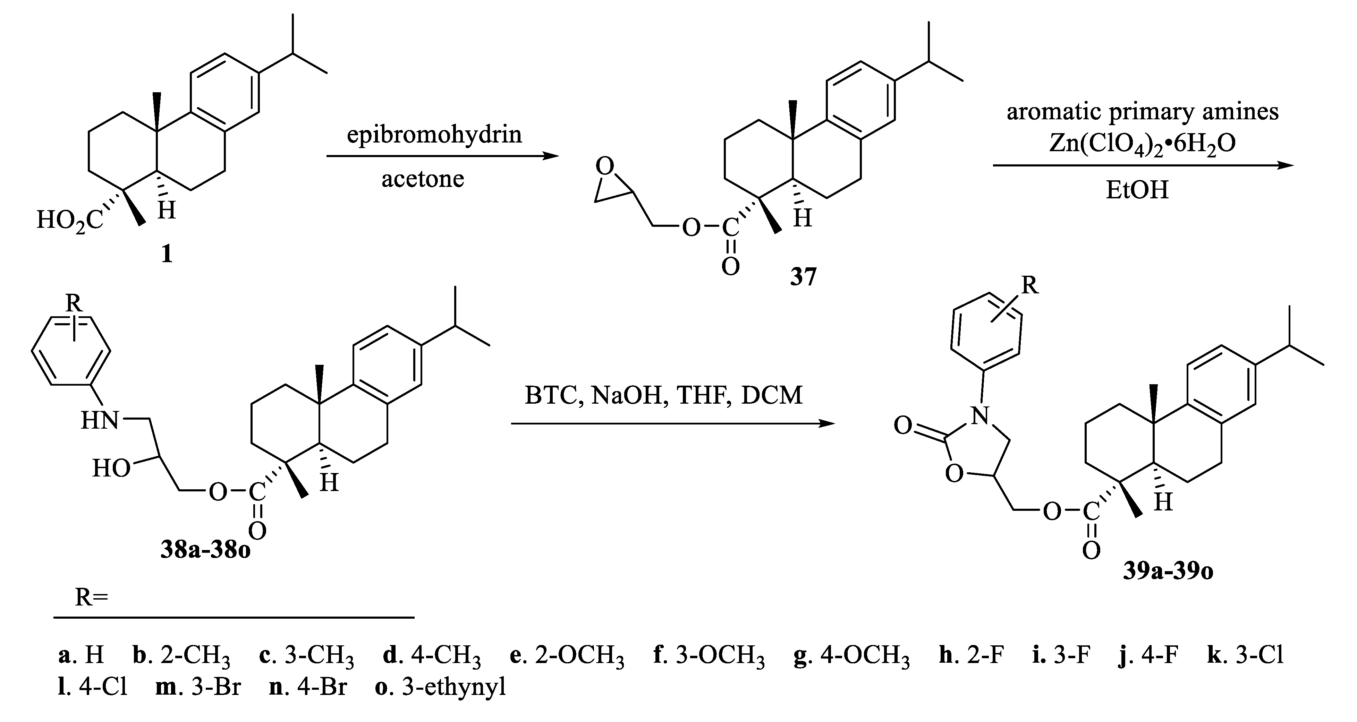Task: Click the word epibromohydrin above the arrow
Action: pos(434,135)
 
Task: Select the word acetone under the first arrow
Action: pos(423,179)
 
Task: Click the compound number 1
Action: pos(167,254)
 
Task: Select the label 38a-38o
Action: pos(205,551)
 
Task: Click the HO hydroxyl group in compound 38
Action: pos(111,468)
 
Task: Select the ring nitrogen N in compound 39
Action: pos(980,416)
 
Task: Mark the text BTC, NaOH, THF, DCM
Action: pos(663,395)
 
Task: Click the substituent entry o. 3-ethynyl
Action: pos(440,687)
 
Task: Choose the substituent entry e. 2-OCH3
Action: pos(566,656)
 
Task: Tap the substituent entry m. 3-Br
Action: pos(198,687)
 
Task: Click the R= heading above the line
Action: pos(91,597)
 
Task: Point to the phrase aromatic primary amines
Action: pos(1142,112)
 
